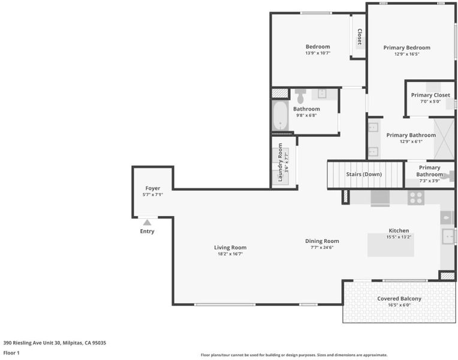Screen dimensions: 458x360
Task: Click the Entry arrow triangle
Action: (147, 223)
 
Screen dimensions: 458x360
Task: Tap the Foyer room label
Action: (152, 188)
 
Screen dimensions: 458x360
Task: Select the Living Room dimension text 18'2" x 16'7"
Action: (230, 254)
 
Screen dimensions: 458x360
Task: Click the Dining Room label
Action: (322, 241)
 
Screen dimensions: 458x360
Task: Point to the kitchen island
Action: (391, 245)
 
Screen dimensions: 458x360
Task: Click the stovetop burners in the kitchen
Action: (416, 197)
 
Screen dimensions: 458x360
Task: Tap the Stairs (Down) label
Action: (364, 174)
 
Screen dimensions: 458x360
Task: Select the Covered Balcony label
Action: (399, 299)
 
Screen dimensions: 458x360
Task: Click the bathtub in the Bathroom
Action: (280, 116)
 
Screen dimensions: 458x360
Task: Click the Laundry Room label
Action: (280, 163)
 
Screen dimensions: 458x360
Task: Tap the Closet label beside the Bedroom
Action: (360, 37)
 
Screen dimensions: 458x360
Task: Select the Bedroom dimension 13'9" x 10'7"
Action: (318, 53)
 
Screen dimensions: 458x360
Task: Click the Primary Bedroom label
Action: (407, 47)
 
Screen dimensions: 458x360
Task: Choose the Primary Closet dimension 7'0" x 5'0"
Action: (430, 101)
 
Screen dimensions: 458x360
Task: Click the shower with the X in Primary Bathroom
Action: (444, 139)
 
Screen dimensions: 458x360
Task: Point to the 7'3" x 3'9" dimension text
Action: (429, 181)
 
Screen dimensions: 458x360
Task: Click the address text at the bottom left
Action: (55, 343)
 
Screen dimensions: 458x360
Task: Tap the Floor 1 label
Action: (11, 353)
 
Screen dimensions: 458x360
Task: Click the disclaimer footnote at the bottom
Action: (294, 355)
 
